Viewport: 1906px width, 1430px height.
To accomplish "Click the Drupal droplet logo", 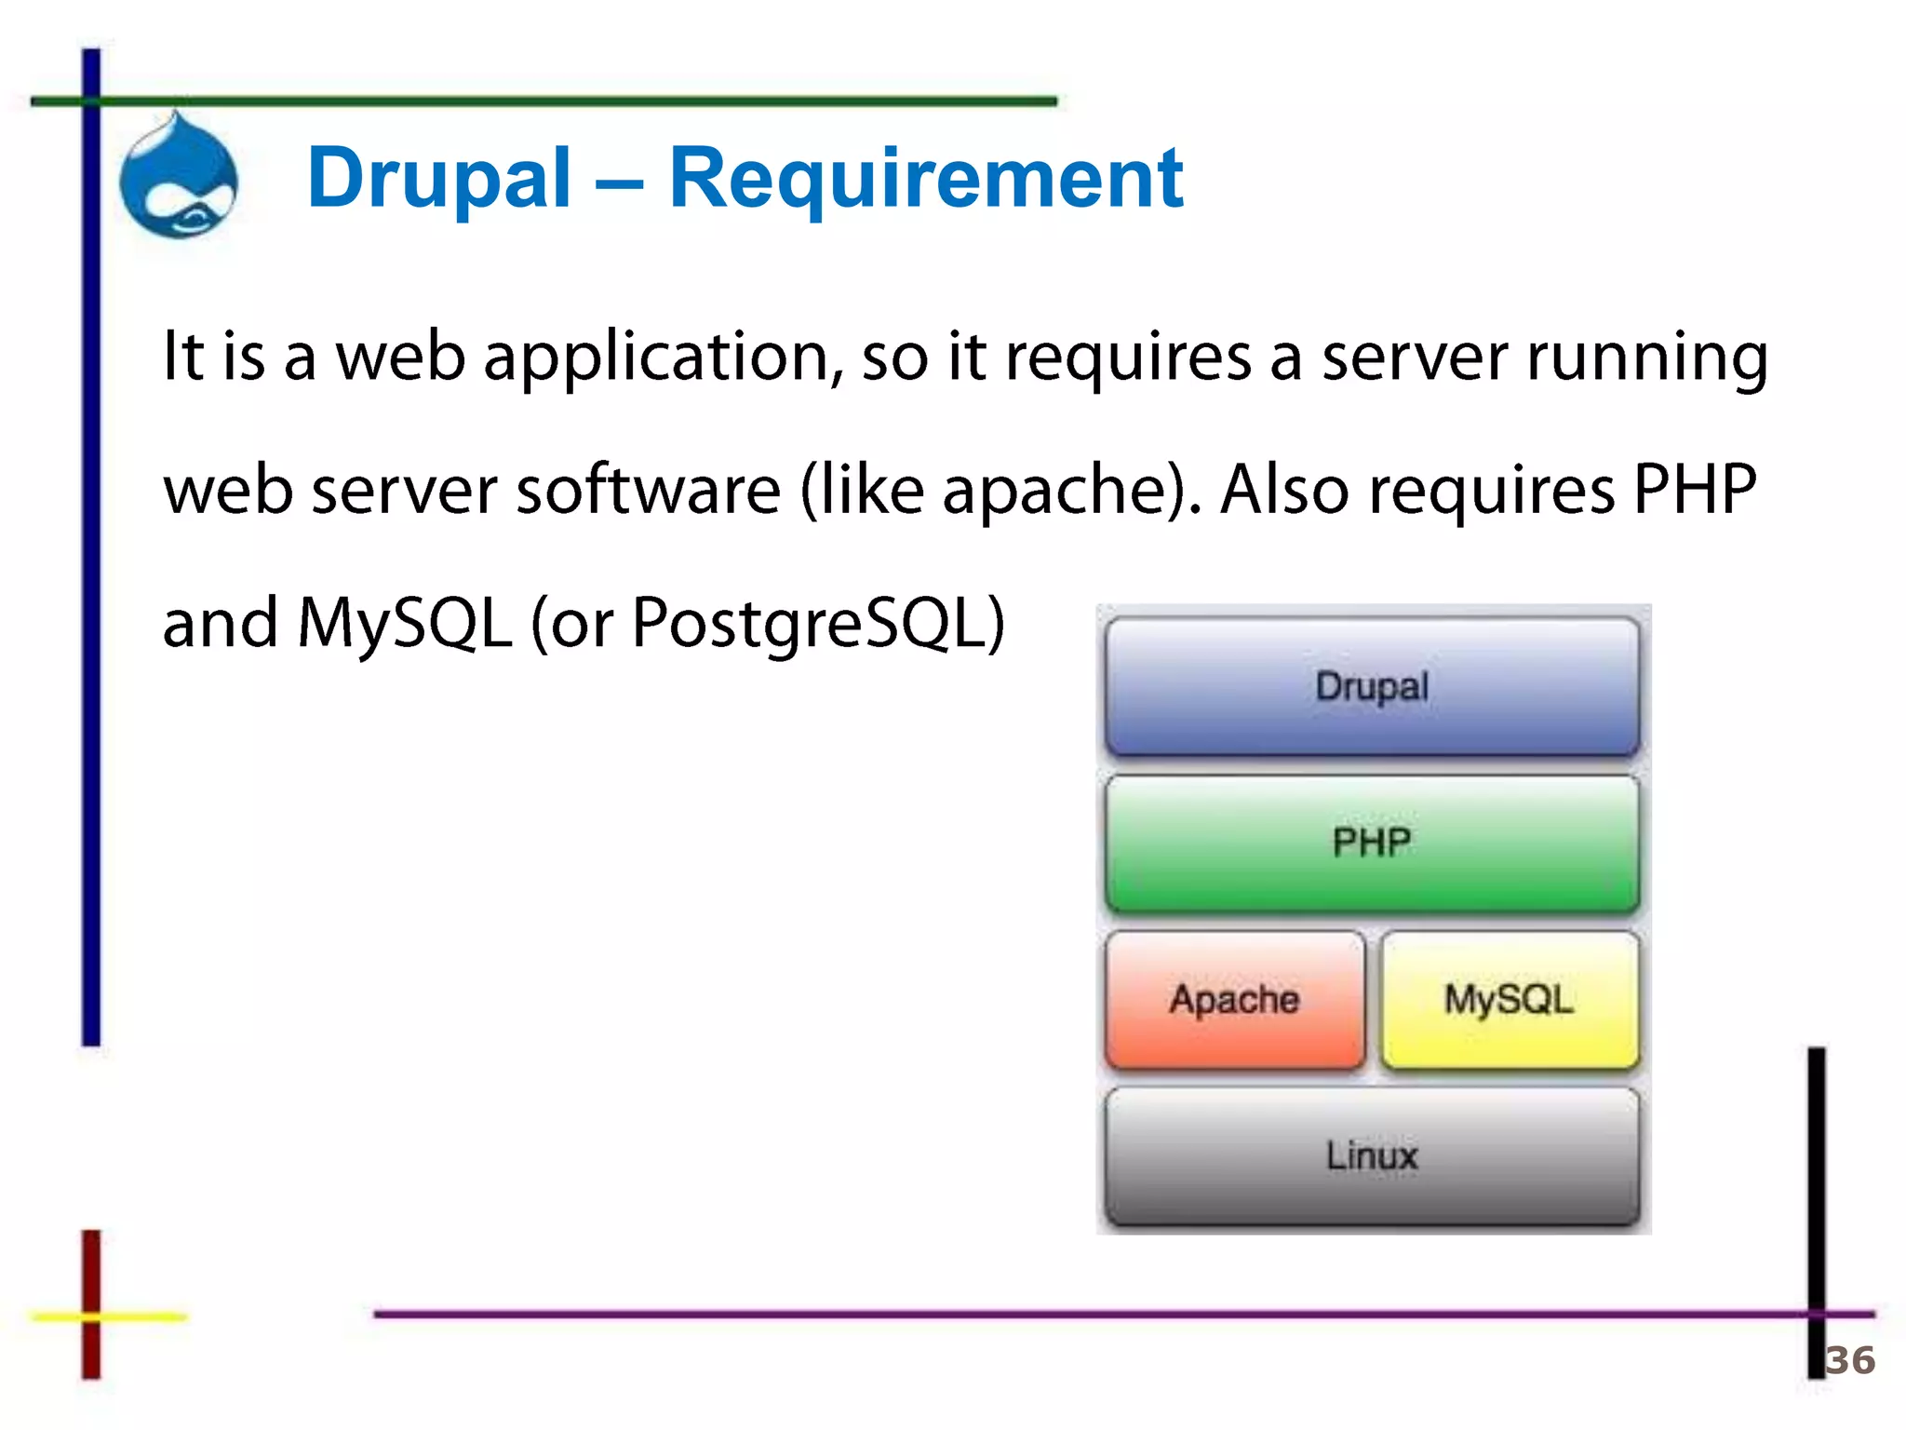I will pyautogui.click(x=179, y=177).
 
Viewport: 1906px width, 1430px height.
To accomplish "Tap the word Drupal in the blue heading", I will pyautogui.click(x=438, y=179).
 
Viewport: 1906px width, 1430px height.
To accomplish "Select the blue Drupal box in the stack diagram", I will pyautogui.click(x=1372, y=686).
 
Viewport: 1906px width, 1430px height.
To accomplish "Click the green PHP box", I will pyautogui.click(x=1372, y=843).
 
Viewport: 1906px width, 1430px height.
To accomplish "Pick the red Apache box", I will pyautogui.click(x=1234, y=999).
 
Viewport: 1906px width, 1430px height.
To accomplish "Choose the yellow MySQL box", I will pyautogui.click(x=1509, y=999).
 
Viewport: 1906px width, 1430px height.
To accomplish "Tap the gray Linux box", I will pyautogui.click(x=1372, y=1155).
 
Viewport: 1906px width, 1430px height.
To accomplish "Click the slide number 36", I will pyautogui.click(x=1849, y=1360).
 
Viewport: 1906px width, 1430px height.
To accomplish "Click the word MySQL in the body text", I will pyautogui.click(x=405, y=624).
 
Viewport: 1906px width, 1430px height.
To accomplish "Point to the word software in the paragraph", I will pyautogui.click(x=649, y=491).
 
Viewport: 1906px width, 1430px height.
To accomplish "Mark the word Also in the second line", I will pyautogui.click(x=1284, y=491).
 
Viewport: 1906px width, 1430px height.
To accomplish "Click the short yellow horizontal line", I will pyautogui.click(x=140, y=1316).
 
